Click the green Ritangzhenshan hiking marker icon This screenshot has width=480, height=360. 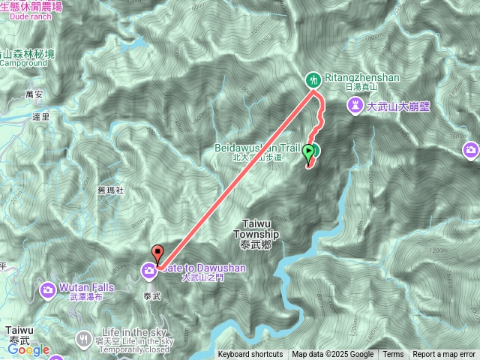313,79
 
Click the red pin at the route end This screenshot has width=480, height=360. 157,253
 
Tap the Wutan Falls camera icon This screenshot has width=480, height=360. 48,289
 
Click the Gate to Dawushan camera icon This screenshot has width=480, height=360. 150,268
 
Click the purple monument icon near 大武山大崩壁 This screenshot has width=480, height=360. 354,107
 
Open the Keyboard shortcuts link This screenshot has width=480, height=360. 250,355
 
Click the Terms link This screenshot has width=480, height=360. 393,355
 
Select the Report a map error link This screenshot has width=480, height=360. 444,355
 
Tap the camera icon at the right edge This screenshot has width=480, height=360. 471,150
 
